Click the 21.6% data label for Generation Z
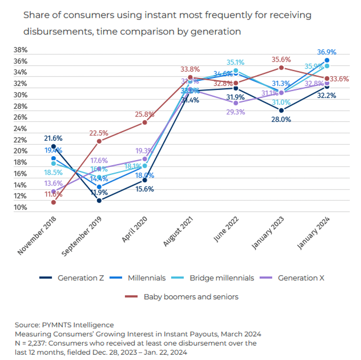[53, 138]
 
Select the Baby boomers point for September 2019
[99, 141]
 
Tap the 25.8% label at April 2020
[144, 114]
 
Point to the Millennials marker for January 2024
[327, 60]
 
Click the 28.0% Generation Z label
[281, 120]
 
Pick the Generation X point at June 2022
[236, 103]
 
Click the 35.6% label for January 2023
[281, 60]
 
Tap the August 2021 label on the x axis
[174, 233]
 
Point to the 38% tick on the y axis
[20, 50]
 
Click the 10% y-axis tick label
[20, 207]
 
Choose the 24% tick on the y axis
[20, 129]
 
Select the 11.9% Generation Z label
[99, 192]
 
